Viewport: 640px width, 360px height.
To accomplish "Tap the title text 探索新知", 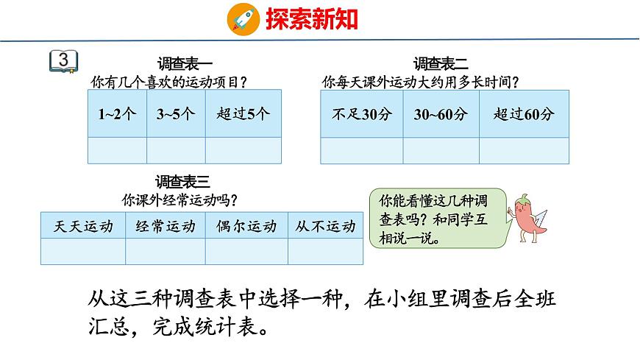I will pos(311,18).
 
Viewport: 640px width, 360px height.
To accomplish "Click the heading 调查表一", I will pos(185,64).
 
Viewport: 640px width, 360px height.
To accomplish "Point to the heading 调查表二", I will pos(441,64).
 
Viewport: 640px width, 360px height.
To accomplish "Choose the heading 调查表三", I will pos(183,181).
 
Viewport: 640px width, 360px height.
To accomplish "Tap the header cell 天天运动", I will pos(83,227).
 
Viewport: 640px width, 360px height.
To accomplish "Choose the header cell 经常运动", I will pos(166,227).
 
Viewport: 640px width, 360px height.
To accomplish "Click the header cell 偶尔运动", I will pos(246,227).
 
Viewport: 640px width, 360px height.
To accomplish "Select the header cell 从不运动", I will pos(325,227).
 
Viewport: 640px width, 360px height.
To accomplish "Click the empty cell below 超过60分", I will pos(524,150).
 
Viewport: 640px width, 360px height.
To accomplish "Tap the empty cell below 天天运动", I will pos(83,251).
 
